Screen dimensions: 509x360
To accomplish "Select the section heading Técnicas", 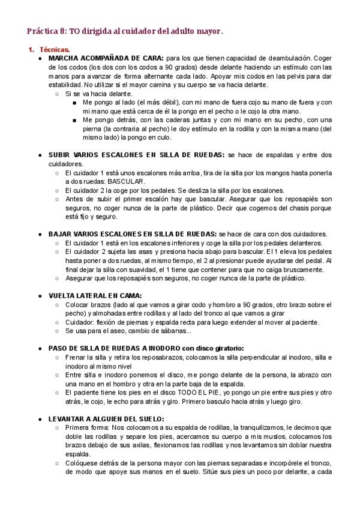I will click(55, 49).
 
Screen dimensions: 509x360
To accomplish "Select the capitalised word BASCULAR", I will click(126, 181).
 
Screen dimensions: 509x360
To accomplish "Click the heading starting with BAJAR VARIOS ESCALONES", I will click(133, 233).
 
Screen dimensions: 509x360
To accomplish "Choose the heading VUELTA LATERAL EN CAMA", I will click(95, 295).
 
